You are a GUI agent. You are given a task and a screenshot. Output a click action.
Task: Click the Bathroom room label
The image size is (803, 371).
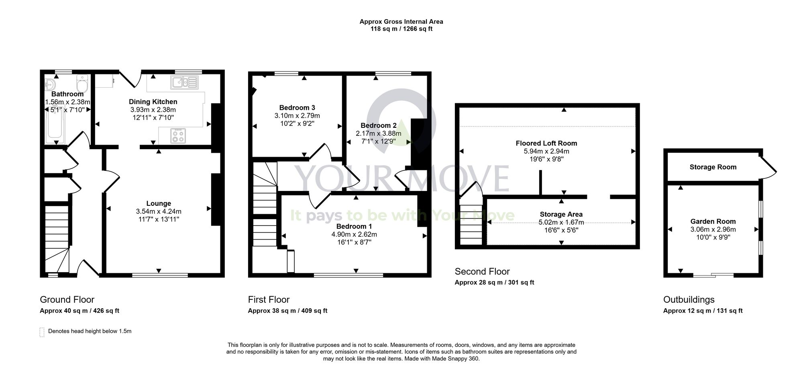[x=67, y=94]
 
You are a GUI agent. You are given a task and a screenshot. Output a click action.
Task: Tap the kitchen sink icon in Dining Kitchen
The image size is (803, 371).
[x=185, y=82]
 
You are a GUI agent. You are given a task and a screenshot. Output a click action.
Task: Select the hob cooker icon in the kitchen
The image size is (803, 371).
[x=178, y=135]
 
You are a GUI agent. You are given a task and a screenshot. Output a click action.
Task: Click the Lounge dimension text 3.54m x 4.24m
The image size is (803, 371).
[x=159, y=211]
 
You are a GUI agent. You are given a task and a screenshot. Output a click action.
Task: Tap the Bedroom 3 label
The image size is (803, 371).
[x=297, y=108]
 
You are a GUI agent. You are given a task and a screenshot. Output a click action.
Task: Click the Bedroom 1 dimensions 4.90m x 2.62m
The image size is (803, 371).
[x=354, y=234]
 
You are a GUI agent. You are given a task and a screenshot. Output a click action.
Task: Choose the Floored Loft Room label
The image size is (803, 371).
[x=546, y=143]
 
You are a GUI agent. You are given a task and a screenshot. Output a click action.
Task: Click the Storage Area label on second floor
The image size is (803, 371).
[x=561, y=214]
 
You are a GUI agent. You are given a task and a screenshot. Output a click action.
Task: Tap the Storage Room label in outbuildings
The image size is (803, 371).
[x=713, y=167]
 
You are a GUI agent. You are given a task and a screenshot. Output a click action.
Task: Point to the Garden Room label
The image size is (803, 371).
[x=713, y=221]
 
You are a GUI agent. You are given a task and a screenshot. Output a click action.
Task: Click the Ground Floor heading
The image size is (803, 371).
[x=67, y=299]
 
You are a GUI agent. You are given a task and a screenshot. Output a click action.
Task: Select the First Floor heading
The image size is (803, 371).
[x=269, y=299]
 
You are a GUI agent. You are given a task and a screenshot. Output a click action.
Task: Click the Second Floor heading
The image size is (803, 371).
[x=482, y=271]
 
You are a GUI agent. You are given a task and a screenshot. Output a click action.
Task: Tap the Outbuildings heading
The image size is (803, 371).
[x=689, y=299]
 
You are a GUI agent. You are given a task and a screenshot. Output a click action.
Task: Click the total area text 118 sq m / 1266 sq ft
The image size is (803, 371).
[x=401, y=29]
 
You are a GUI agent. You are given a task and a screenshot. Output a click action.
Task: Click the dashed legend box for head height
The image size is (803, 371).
[x=42, y=332]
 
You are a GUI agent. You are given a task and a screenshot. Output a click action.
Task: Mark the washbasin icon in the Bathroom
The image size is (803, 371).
[x=50, y=85]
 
